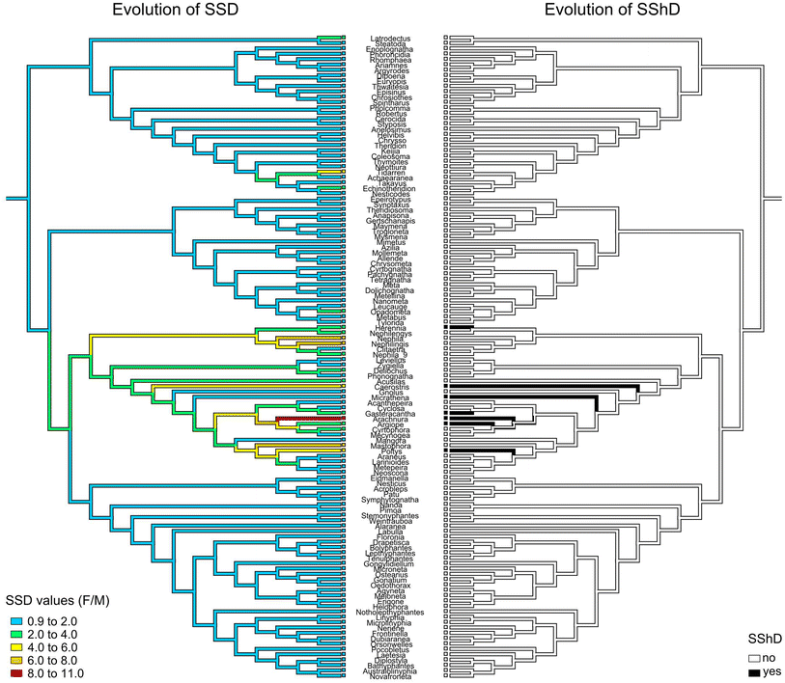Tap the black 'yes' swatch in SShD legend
(754, 670)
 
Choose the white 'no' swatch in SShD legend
(754, 657)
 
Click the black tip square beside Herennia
(445, 327)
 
